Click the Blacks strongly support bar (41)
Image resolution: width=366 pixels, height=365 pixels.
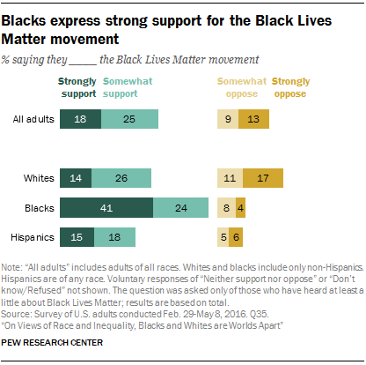pos(106,208)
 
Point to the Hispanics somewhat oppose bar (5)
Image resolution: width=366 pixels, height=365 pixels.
pos(223,236)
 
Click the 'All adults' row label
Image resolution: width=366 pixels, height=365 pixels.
pos(29,117)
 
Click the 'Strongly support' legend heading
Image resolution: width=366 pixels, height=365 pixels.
pos(77,86)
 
